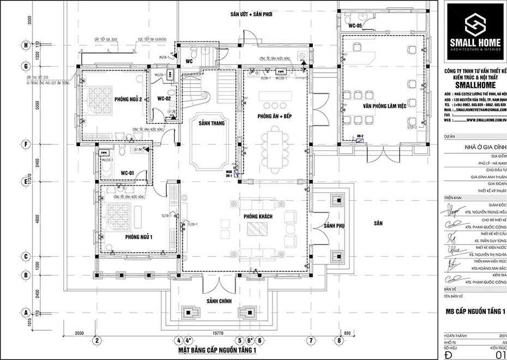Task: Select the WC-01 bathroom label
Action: tap(128, 173)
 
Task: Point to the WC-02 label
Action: tap(165, 99)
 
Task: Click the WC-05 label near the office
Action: tap(355, 26)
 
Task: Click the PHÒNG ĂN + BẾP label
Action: tap(273, 117)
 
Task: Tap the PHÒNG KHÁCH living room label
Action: tap(258, 217)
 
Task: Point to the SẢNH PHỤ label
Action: tap(333, 226)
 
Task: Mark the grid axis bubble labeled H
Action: tap(25, 45)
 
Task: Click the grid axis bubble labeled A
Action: tap(25, 313)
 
